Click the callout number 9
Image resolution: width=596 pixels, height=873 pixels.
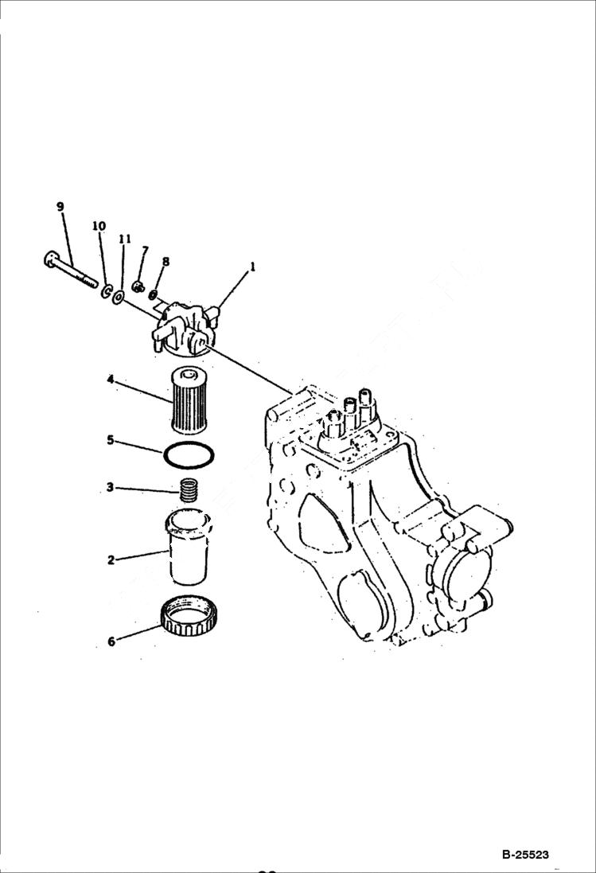tap(60, 207)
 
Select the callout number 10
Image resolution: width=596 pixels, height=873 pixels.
tap(99, 226)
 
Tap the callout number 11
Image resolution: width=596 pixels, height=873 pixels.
tap(125, 238)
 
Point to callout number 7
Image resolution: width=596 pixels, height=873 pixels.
tap(145, 251)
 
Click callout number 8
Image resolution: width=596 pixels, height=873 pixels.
tap(166, 261)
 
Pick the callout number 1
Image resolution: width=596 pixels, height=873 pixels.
tap(253, 268)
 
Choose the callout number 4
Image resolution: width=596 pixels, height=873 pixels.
tap(111, 380)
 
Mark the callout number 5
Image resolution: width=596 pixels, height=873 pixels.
tap(111, 438)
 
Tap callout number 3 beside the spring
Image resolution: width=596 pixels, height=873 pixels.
tap(110, 488)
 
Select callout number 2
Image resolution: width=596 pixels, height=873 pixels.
tap(111, 560)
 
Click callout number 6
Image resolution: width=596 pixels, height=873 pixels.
tap(111, 641)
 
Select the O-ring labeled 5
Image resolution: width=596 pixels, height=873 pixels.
tap(189, 458)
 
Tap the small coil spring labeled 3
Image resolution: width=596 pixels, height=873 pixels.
tap(189, 489)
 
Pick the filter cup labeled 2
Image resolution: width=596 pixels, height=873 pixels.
tap(189, 549)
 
